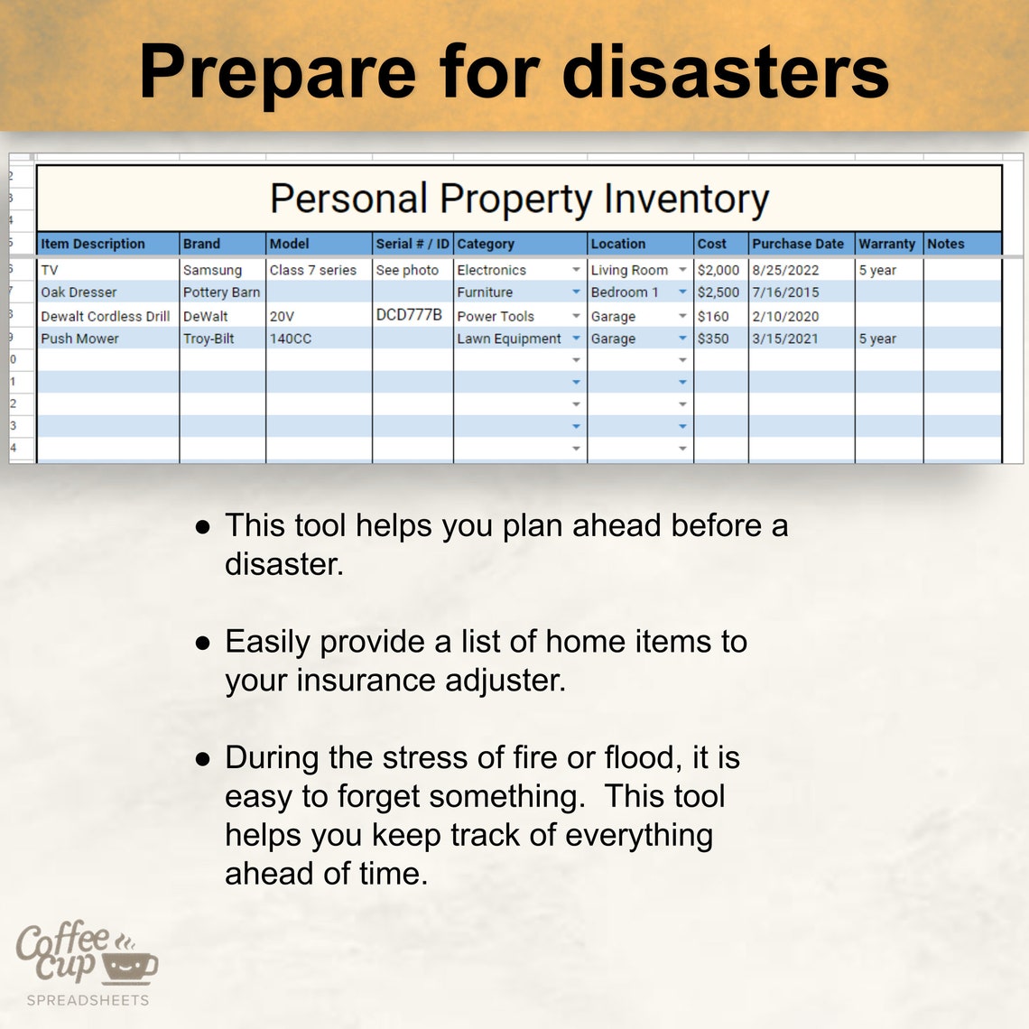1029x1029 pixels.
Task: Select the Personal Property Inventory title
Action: (519, 199)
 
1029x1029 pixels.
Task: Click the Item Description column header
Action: (93, 244)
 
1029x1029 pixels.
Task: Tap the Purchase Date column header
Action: (798, 244)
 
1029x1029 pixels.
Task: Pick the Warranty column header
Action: (886, 244)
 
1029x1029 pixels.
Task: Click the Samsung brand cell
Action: (212, 270)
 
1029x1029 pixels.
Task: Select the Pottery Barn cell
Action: (221, 292)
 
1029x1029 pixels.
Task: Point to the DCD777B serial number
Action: (409, 315)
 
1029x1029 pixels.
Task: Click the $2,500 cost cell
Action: (718, 292)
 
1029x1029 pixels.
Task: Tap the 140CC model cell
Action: (290, 338)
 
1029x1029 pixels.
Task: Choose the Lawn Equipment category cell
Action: (509, 338)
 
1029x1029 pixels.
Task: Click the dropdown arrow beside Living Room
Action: (682, 270)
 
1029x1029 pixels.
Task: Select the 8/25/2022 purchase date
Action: (785, 270)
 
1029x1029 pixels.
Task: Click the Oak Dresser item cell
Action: (79, 292)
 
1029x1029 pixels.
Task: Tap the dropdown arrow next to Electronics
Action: (576, 270)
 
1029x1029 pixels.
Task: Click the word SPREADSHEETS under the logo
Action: (88, 1000)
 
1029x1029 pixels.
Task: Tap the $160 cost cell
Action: (713, 317)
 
